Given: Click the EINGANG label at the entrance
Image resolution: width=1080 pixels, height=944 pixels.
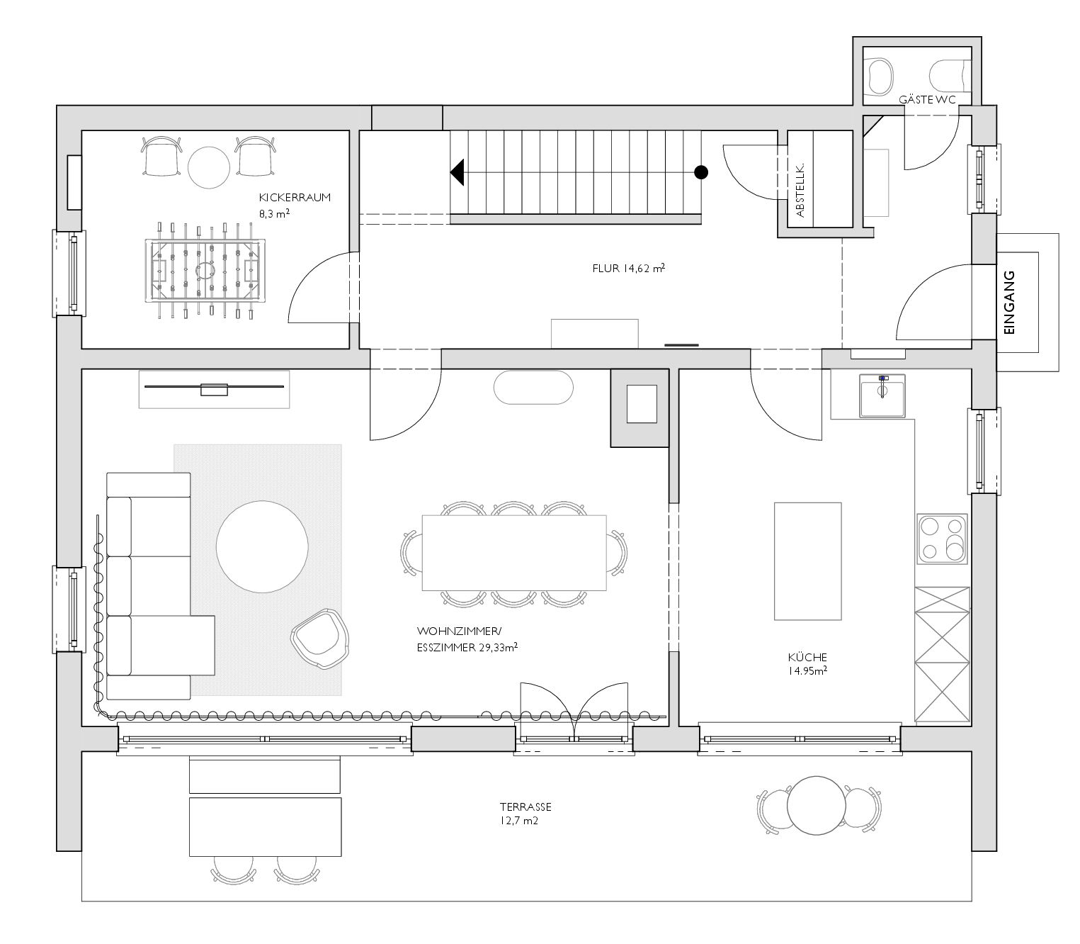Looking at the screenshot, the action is [x=1008, y=302].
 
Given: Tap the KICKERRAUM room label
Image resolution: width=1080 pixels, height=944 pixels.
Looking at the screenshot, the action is [x=295, y=198].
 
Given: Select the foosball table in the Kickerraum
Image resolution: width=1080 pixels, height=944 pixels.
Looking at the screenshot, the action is [x=205, y=271].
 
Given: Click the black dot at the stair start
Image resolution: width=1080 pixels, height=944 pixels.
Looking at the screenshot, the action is [x=701, y=172].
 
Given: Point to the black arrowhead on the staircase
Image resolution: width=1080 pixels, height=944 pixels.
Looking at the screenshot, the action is [x=457, y=172].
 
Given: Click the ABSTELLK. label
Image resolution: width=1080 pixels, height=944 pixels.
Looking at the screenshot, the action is [x=800, y=190].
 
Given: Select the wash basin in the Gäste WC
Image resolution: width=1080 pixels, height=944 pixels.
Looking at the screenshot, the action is [x=880, y=77].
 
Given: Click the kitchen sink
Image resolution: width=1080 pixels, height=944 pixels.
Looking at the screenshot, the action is [x=882, y=395].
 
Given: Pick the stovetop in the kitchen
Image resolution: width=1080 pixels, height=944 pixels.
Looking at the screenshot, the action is [x=942, y=539].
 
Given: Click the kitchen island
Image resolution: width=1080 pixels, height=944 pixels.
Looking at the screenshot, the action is [x=807, y=561].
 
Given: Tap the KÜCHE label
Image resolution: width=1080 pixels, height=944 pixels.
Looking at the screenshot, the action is [x=807, y=657].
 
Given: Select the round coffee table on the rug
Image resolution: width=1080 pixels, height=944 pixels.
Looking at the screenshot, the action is [x=262, y=546].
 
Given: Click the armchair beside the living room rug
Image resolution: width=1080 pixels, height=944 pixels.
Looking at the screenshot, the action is [x=320, y=639].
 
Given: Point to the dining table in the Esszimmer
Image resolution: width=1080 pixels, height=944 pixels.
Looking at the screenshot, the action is [x=514, y=553].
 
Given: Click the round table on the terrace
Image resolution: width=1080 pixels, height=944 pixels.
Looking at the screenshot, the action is [x=816, y=806].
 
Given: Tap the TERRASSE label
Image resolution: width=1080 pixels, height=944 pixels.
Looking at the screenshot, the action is [x=525, y=807].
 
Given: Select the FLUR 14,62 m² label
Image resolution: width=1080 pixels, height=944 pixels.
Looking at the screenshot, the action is [x=629, y=269].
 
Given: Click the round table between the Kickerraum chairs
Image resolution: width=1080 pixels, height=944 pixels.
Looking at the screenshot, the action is [x=208, y=167].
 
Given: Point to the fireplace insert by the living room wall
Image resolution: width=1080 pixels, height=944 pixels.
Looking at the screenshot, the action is [x=642, y=404].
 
